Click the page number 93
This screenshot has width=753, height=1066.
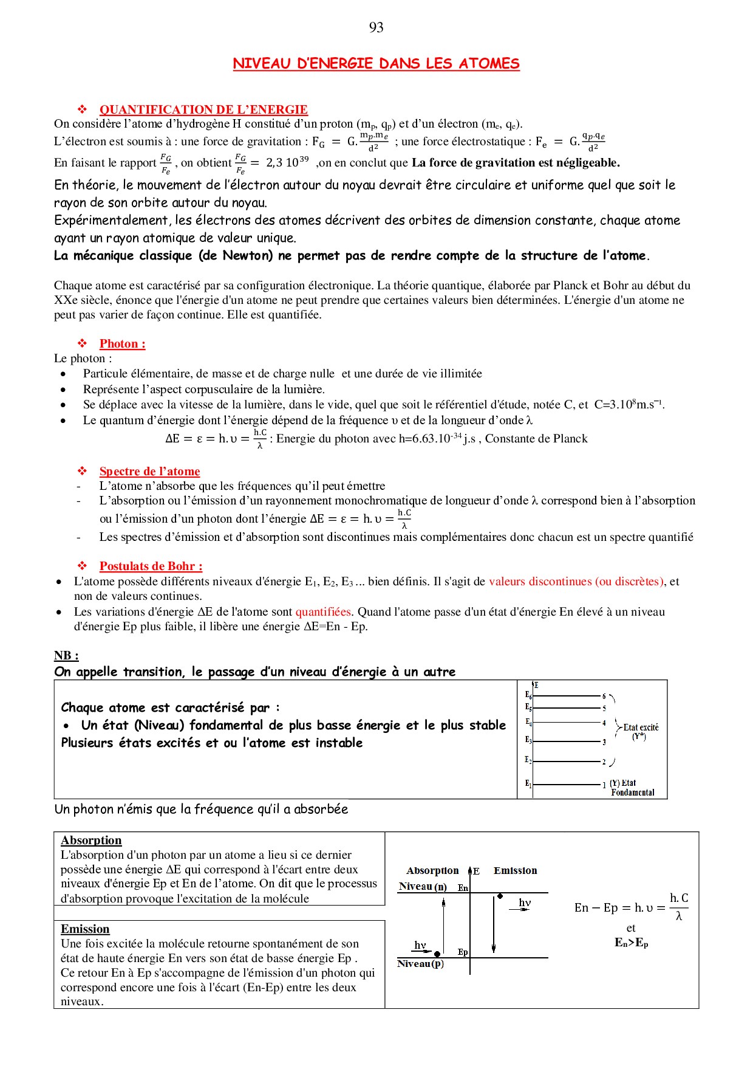pos(376,27)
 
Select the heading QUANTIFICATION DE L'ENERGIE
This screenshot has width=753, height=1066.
pos(203,110)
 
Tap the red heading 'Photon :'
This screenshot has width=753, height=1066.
pos(122,344)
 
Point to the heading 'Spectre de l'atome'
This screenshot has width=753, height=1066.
pos(149,472)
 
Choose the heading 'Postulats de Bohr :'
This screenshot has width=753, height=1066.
pos(151,566)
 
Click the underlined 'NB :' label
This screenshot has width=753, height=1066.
pos(66,656)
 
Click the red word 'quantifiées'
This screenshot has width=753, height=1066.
pos(323,612)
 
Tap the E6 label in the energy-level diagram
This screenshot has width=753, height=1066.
pos(528,695)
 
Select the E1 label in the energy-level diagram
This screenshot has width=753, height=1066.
pos(528,784)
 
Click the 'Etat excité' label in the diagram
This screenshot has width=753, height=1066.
pos(641,727)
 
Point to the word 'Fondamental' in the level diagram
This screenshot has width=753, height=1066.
pos(633,793)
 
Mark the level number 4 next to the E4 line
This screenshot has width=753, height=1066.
pos(604,723)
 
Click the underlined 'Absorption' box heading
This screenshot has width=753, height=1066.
pos(91,841)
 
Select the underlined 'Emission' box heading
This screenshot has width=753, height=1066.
pos(85,929)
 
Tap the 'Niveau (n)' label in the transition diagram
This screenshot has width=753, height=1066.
pos(423,887)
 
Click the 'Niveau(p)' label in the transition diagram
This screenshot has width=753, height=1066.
pos(420,964)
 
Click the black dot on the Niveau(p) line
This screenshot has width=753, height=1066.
pos(437,954)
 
